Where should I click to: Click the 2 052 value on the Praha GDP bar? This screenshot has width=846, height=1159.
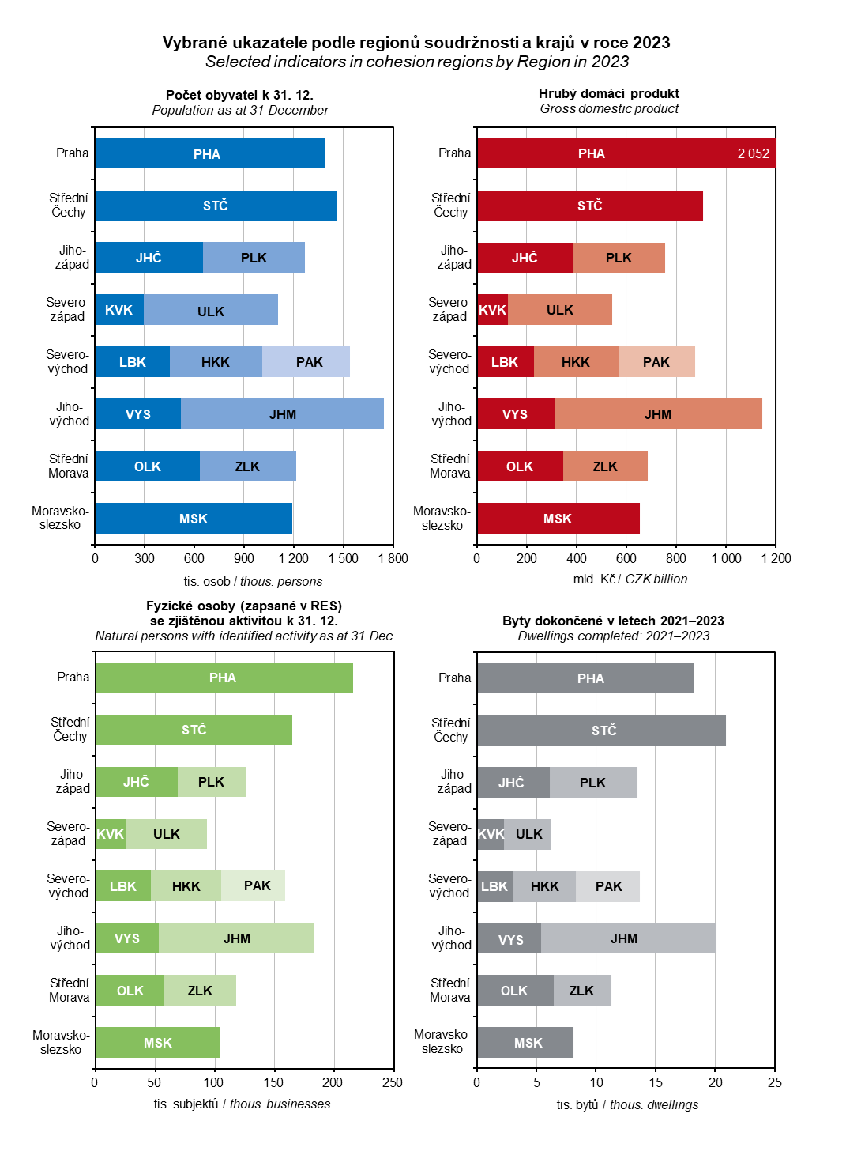(753, 154)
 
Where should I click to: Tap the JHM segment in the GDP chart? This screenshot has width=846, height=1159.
(658, 414)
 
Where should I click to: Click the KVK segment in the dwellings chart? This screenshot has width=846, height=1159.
(491, 835)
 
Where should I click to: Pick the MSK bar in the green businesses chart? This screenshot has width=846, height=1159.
(158, 1043)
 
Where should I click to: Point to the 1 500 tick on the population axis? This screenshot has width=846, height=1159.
(343, 558)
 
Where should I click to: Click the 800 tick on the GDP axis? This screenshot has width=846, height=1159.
(676, 558)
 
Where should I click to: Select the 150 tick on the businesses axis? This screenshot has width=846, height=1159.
(273, 1082)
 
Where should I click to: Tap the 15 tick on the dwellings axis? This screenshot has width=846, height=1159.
(656, 1082)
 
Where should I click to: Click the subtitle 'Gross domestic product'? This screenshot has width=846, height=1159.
(609, 109)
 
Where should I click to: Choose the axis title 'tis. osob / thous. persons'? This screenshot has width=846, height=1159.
(253, 582)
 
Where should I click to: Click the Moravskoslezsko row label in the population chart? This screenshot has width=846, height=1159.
(60, 518)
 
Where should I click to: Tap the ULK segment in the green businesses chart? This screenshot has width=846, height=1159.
(166, 834)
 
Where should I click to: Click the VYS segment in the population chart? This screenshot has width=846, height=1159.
(138, 414)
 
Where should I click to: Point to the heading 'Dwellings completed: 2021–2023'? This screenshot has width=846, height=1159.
(613, 636)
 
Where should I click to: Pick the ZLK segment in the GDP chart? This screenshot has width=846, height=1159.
(605, 466)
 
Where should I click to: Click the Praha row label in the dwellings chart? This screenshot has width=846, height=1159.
(454, 678)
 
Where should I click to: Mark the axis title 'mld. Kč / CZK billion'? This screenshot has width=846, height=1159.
(630, 579)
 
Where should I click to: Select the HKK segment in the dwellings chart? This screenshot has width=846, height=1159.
(544, 886)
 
